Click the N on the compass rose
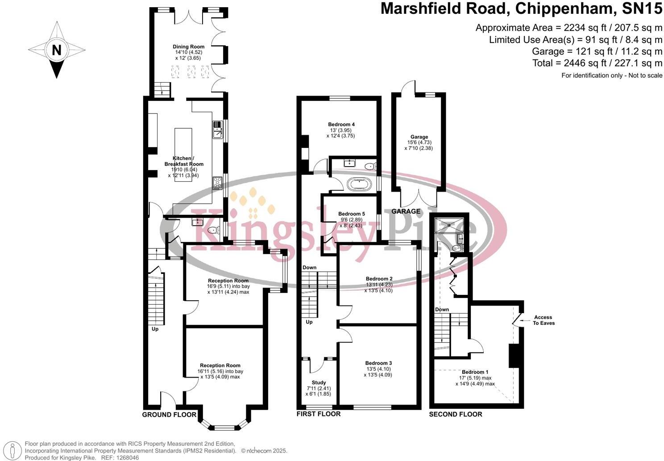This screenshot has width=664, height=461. point(56,50)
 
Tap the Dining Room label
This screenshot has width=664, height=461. point(189,46)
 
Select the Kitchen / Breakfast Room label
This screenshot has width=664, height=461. point(183,161)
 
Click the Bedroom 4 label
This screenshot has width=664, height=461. point(341,125)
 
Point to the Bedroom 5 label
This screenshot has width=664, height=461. point(351,214)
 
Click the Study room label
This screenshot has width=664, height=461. point(319,383)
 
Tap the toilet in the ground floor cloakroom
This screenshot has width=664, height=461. point(213,230)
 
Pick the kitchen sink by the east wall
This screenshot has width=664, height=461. point(217,130)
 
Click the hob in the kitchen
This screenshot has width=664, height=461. point(217,183)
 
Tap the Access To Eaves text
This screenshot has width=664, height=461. point(544,320)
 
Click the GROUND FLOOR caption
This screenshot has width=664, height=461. point(169,415)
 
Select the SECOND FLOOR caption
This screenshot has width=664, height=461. point(456,415)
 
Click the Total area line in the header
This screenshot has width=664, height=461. point(597,63)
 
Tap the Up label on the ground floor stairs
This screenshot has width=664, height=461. point(155,329)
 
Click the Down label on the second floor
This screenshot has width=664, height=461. point(442,310)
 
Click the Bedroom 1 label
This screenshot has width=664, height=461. point(475,372)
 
